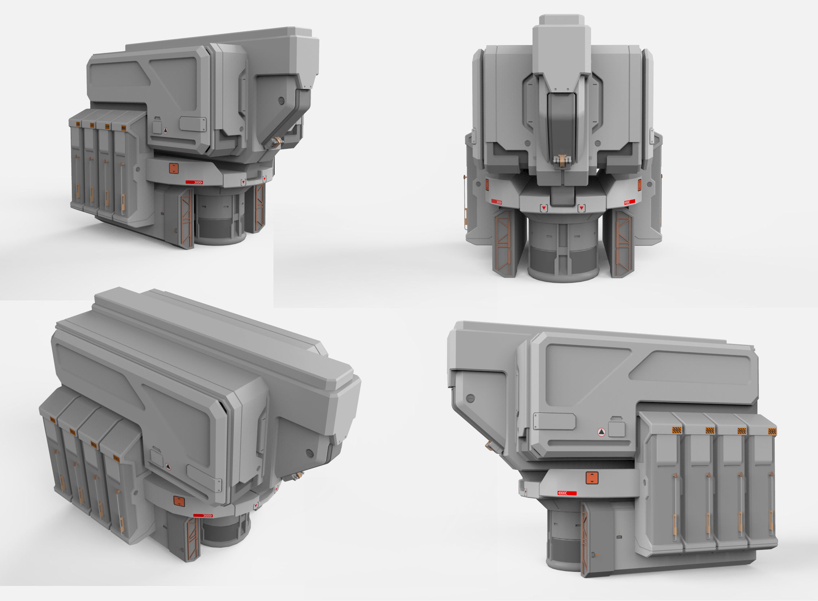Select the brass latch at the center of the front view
563,160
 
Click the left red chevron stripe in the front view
497,202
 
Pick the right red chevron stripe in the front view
629,202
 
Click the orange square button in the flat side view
592,478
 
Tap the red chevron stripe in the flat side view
567,493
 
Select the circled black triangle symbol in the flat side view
602,432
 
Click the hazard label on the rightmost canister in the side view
772,432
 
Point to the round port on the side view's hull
470,398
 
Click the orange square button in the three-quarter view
174,168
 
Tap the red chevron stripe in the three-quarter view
194,182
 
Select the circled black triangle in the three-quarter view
166,130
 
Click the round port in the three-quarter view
281,101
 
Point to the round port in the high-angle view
310,453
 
